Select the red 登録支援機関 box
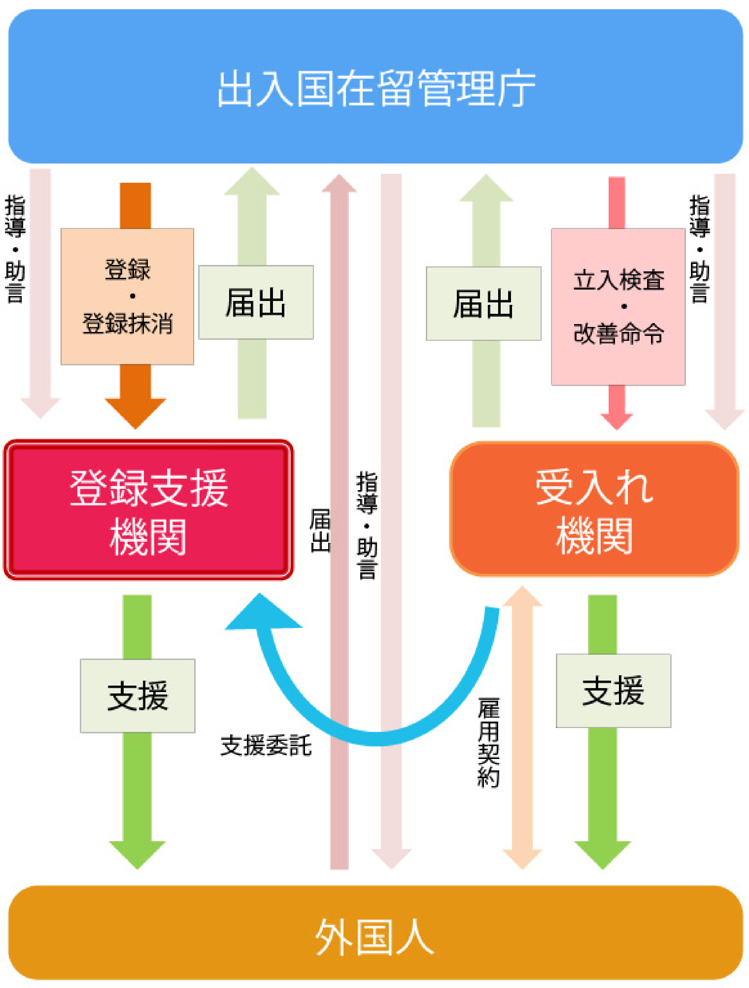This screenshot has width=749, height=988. coord(148,510)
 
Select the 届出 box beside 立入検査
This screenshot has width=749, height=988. coord(483,304)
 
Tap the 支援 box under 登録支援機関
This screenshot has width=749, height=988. coord(138,696)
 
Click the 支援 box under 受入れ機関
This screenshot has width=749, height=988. coord(613,691)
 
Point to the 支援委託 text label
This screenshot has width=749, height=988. coord(265,745)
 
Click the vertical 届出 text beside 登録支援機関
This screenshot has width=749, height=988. coord(320,530)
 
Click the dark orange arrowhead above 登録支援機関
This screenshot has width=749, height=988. coord(135,412)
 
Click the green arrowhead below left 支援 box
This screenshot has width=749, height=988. coord(137,853)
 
